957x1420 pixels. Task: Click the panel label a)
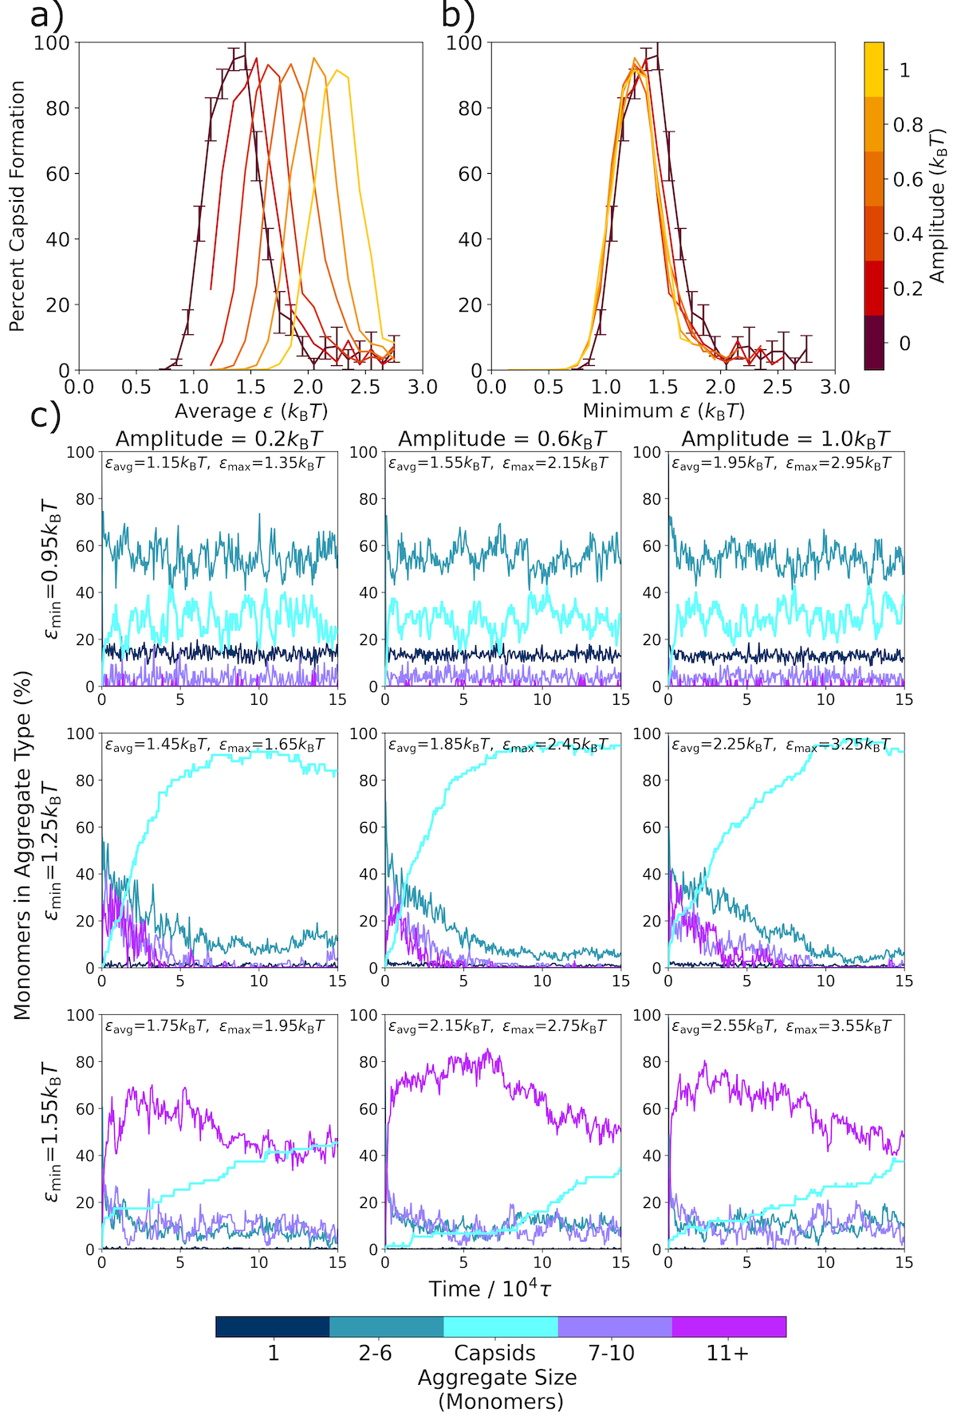click(x=45, y=15)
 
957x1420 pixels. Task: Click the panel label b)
click(x=458, y=15)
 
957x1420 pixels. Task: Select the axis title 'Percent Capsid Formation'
click(x=18, y=206)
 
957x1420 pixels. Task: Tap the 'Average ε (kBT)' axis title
click(x=251, y=411)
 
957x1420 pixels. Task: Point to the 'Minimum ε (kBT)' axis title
click(x=664, y=411)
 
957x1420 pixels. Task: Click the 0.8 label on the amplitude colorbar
click(x=908, y=125)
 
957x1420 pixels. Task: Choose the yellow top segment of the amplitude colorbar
click(x=874, y=69)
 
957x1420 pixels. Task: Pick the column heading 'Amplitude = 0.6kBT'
click(x=502, y=439)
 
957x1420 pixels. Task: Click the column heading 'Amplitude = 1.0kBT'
click(x=786, y=439)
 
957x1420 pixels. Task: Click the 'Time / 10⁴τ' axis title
click(x=490, y=1288)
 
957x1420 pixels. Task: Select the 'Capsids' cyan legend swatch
click(x=500, y=1327)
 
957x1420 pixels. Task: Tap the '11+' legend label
click(x=727, y=1353)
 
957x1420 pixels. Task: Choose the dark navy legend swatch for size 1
click(x=273, y=1327)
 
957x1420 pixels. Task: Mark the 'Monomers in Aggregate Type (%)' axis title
click(x=22, y=845)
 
